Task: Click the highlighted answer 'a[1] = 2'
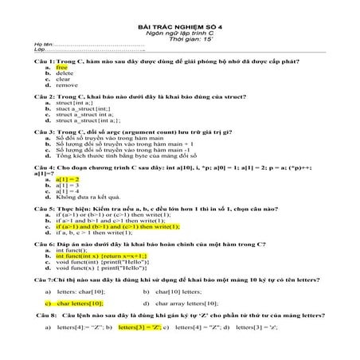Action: tap(68, 179)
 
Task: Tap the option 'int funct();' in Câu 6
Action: tap(72, 249)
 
